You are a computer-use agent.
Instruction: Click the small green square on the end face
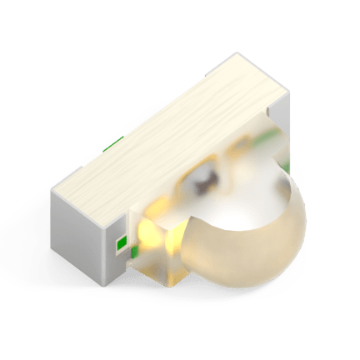[121, 242]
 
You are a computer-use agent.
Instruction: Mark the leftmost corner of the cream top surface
[52, 187]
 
